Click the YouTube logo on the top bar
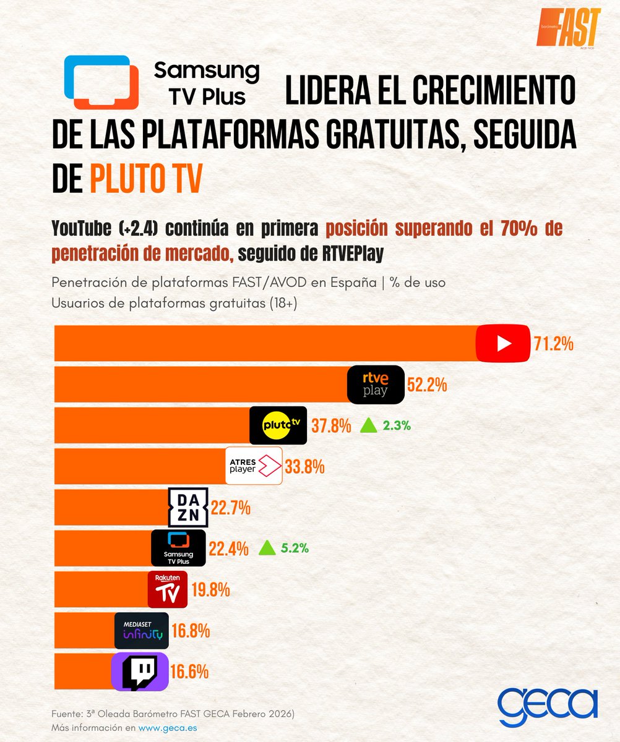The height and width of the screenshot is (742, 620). [x=503, y=343]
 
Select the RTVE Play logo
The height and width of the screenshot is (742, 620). [x=376, y=385]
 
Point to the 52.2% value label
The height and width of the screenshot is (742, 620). [x=427, y=385]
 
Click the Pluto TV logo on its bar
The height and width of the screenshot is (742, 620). [x=278, y=425]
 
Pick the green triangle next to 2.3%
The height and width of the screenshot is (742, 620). [x=369, y=425]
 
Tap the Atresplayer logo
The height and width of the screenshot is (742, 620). [x=254, y=466]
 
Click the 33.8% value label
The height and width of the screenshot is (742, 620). [x=304, y=467]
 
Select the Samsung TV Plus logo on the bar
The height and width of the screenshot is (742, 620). [x=178, y=547]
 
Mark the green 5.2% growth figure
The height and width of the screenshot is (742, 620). [x=296, y=548]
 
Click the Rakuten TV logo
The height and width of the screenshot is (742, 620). [x=167, y=589]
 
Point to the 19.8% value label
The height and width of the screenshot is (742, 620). [x=210, y=590]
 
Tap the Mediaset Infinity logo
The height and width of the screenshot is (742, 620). [x=142, y=631]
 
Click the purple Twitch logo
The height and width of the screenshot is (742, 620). [x=139, y=672]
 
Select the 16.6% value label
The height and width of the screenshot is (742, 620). [x=189, y=672]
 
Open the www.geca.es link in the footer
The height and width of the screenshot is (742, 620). [x=168, y=728]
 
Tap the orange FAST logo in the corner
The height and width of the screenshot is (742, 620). [x=568, y=27]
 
